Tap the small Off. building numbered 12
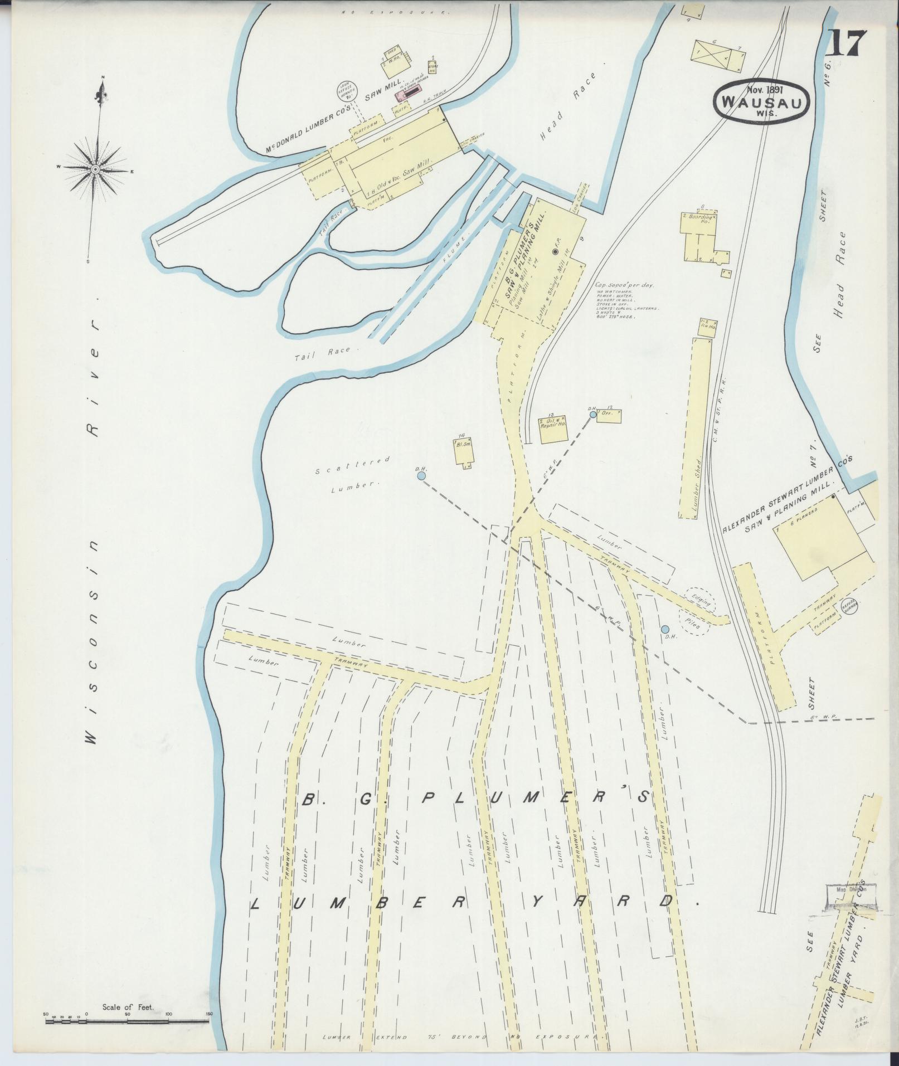click(609, 416)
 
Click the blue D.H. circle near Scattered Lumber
click(421, 476)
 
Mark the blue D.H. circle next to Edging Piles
click(665, 629)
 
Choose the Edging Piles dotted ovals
click(697, 610)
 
